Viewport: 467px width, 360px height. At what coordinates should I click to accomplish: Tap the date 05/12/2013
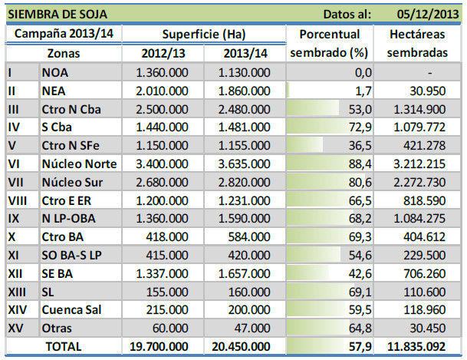click(426, 13)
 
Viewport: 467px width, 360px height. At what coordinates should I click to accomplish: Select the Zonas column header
click(63, 54)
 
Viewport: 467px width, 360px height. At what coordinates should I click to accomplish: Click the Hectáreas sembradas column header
click(418, 44)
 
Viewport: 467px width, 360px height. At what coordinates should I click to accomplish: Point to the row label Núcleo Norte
click(80, 163)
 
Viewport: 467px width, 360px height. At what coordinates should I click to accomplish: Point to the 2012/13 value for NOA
click(161, 72)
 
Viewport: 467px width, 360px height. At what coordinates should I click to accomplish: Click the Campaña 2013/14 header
click(63, 35)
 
